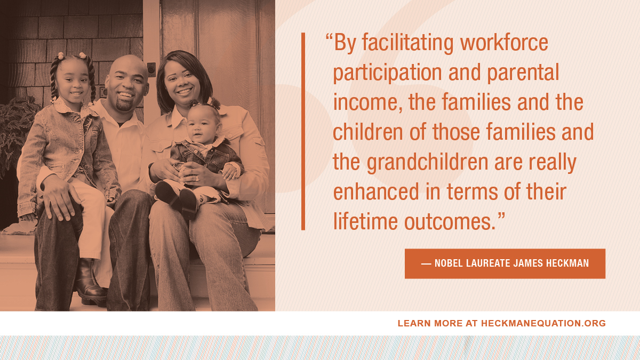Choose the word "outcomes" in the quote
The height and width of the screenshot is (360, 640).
point(446,222)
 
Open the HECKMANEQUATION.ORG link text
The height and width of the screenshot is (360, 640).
point(543,323)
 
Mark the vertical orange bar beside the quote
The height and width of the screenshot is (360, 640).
point(303,131)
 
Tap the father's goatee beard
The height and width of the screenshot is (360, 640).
point(125,105)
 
